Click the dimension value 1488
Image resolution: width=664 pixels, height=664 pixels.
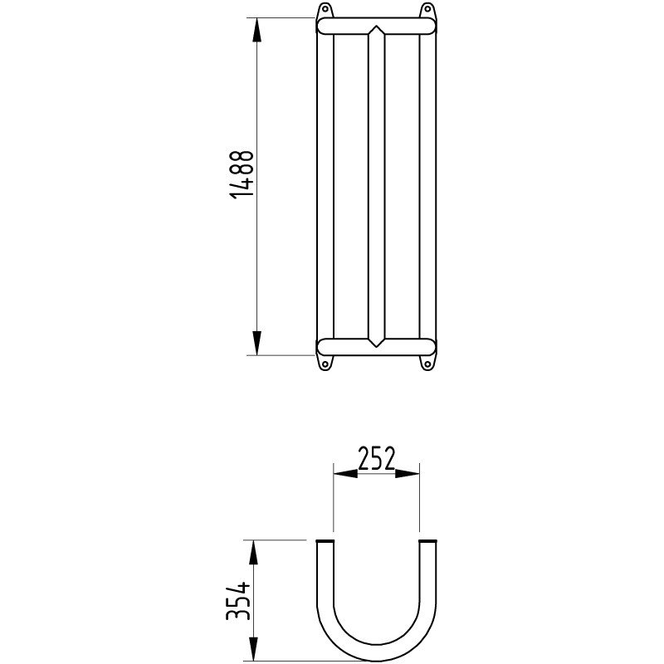(242, 174)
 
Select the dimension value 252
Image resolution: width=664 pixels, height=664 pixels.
(375, 457)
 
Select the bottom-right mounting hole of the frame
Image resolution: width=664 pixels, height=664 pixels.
(427, 363)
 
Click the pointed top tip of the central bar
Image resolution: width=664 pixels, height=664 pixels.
(376, 28)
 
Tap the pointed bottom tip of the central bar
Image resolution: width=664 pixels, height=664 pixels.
(376, 345)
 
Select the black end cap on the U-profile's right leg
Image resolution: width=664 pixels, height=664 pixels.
(427, 542)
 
